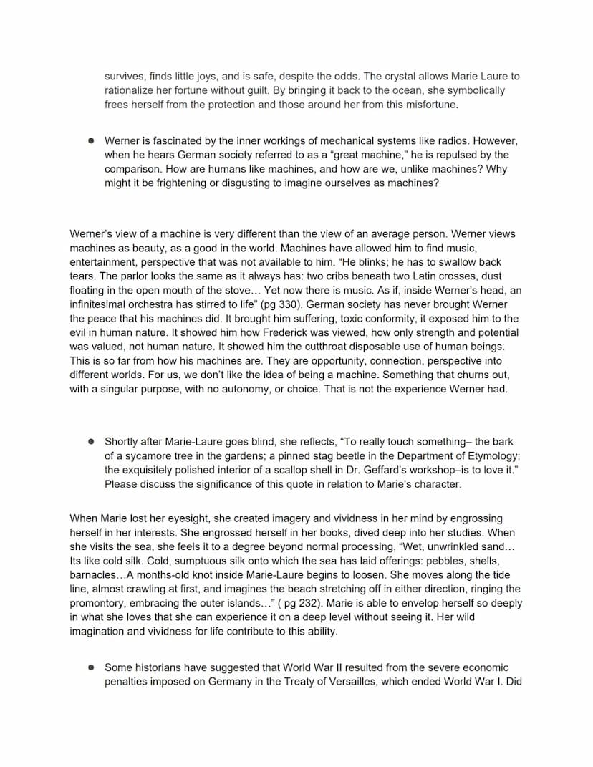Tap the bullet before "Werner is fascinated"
[x=92, y=140]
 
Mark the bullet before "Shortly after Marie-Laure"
[x=92, y=442]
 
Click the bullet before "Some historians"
[x=92, y=667]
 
